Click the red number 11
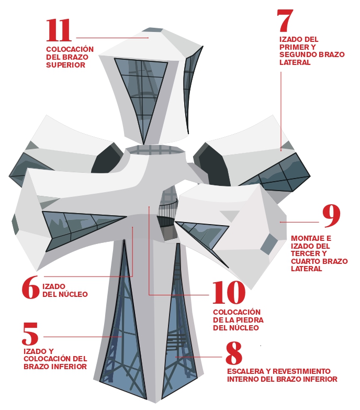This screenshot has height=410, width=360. coord(59,31)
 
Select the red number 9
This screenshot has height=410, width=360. coord(331,216)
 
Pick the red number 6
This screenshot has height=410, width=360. coord(30,287)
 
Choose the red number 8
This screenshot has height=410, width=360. coord(234,354)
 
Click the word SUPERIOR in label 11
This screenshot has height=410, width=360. coord(65,65)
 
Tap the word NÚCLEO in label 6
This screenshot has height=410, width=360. coord(73,294)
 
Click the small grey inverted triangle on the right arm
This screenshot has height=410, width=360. coord(229,215)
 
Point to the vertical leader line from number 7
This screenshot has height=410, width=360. coord(280,110)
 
